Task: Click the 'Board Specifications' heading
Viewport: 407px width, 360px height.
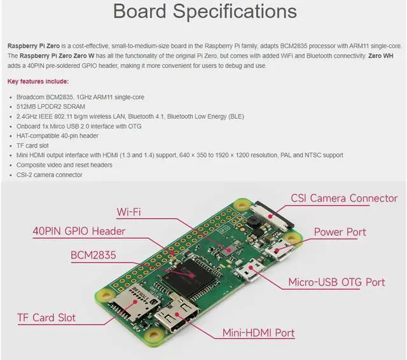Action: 204,12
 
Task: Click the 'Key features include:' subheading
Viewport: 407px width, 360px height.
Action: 38,81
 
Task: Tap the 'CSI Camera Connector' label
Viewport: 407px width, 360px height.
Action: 344,198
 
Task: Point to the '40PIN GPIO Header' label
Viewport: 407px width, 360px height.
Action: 79,231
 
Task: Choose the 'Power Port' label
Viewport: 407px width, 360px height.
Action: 340,232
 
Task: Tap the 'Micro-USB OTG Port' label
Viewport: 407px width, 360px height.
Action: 336,282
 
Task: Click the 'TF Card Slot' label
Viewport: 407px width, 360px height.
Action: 46,317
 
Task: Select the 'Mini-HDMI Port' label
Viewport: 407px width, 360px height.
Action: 258,332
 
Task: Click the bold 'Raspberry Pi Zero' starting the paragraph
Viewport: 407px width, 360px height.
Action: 35,46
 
